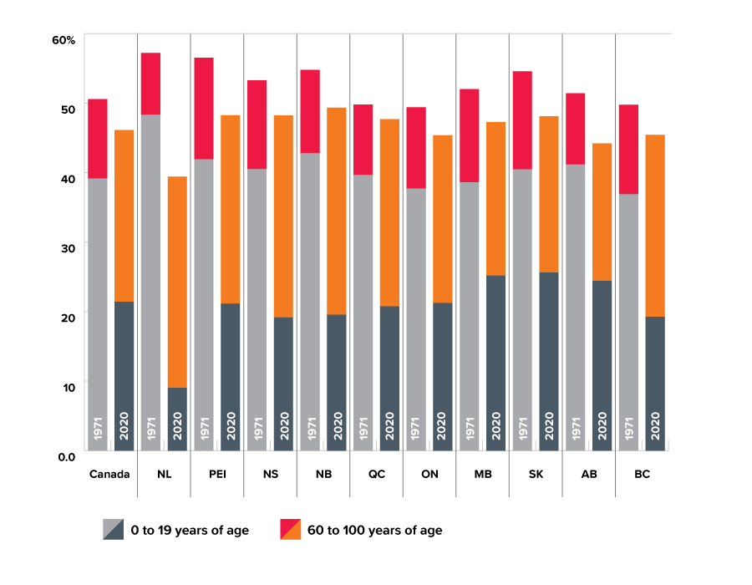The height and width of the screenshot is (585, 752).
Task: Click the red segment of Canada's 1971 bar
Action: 99,138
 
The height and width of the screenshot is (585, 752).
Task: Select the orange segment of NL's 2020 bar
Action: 177,282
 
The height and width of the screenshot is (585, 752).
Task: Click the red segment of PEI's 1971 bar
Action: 203,109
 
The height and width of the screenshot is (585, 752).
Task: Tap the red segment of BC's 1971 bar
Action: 628,150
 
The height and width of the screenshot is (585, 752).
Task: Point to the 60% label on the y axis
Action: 64,39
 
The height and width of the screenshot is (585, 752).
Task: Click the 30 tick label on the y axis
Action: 67,247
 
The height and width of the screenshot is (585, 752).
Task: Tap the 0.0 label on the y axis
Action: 65,455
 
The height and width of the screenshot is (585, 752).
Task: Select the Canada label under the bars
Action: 109,474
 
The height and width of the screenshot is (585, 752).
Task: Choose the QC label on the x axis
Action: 376,474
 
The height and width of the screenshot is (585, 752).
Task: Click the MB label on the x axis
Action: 482,474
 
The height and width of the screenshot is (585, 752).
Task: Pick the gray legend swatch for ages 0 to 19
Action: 113,530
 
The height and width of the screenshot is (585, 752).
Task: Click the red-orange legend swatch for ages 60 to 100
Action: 290,530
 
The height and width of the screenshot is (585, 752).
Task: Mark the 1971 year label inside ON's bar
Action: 416,429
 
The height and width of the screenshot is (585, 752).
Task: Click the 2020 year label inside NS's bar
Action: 284,429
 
